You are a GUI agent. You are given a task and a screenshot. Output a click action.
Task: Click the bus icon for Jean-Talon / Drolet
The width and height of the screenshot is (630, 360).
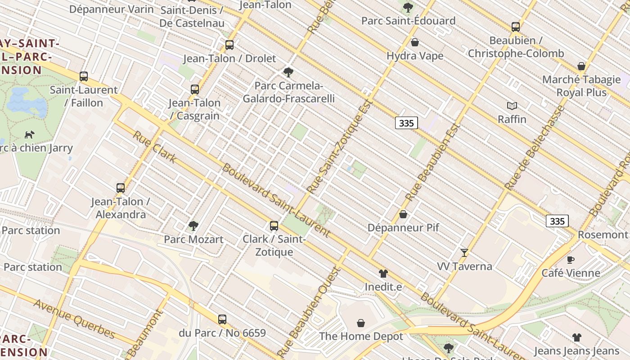pyautogui.click(x=229, y=45)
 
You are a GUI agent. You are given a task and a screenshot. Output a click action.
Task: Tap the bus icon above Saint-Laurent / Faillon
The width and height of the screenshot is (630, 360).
pyautogui.click(x=84, y=76)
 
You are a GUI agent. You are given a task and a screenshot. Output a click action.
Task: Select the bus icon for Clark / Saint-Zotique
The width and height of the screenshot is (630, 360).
pyautogui.click(x=274, y=225)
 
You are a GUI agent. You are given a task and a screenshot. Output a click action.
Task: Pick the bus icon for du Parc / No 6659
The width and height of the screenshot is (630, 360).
pyautogui.click(x=222, y=319)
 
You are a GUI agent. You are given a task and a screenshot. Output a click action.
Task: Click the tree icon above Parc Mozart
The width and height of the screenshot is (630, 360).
pyautogui.click(x=193, y=225)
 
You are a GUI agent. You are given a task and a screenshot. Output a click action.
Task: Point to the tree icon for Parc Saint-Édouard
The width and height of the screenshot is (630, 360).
pyautogui.click(x=408, y=7)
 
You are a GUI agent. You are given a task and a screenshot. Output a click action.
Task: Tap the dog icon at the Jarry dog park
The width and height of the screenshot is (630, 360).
pyautogui.click(x=30, y=134)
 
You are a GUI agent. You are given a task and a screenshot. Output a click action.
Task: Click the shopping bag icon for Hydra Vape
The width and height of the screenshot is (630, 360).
pyautogui.click(x=415, y=42)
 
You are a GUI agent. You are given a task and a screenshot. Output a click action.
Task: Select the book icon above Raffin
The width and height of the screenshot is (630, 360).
pyautogui.click(x=512, y=106)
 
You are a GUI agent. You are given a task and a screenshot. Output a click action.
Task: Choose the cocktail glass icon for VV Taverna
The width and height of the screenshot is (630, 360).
pyautogui.click(x=464, y=252)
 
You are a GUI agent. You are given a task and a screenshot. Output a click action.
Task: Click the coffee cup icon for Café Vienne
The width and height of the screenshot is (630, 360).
pyautogui.click(x=571, y=259)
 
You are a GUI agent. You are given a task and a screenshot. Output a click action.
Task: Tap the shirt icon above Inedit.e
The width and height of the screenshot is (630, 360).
pyautogui.click(x=383, y=273)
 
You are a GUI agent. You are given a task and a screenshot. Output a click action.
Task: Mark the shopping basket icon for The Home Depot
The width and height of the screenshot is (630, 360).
pyautogui.click(x=361, y=323)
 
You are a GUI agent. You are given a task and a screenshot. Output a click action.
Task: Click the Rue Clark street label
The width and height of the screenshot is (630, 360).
pyautogui.click(x=155, y=147)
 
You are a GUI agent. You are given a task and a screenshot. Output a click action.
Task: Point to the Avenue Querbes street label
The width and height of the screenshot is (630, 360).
pyautogui.click(x=74, y=318)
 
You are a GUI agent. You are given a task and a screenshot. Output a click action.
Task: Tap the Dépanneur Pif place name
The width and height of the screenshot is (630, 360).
pyautogui.click(x=403, y=228)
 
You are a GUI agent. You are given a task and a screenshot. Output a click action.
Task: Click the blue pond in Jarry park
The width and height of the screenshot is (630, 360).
pyautogui.click(x=27, y=102)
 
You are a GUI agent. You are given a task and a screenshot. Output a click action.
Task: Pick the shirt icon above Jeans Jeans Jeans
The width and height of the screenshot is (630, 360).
pyautogui.click(x=577, y=337)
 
